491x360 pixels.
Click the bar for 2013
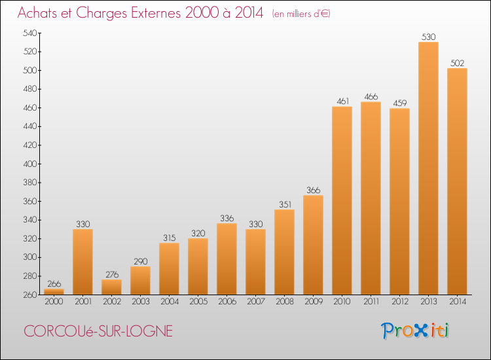(428, 168)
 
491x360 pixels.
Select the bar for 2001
(82, 262)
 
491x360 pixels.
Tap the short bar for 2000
(54, 292)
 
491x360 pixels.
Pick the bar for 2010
(342, 200)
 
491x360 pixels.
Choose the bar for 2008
(284, 252)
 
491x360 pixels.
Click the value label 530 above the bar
(428, 37)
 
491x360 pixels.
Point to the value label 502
(457, 63)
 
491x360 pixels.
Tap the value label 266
(54, 284)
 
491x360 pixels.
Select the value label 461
(342, 101)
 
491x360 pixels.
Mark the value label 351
(284, 204)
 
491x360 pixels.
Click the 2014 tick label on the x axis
(457, 302)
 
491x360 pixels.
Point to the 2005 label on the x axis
(198, 302)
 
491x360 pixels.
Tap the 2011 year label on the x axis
(371, 302)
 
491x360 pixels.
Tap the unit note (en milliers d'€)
(300, 14)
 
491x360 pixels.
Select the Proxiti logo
(415, 331)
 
